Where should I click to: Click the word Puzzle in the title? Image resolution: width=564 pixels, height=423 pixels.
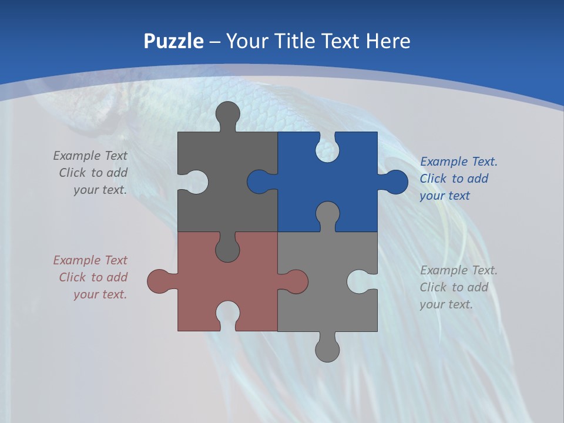(173, 42)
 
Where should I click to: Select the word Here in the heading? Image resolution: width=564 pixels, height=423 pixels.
(388, 42)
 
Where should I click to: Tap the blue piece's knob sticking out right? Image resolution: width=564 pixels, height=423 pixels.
(397, 182)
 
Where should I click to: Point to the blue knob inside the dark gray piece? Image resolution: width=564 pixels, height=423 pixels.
(258, 182)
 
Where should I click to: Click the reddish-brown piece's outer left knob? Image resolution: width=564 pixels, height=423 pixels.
(158, 281)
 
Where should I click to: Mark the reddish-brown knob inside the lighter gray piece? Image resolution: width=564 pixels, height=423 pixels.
(297, 281)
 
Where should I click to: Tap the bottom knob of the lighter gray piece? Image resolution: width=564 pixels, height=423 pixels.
(327, 350)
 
